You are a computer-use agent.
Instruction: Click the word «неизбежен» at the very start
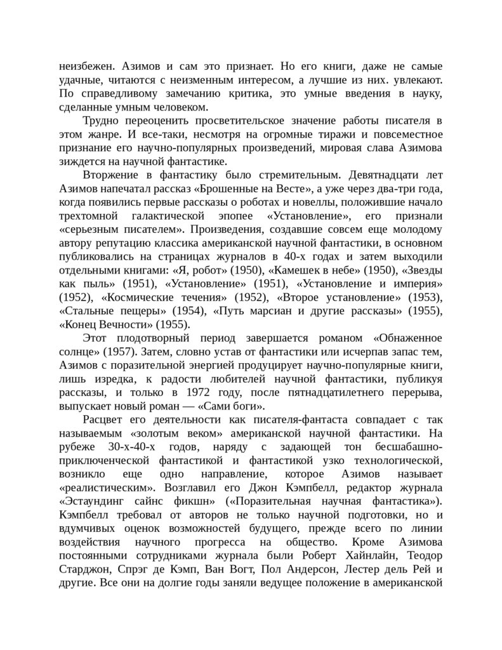[x=85, y=66]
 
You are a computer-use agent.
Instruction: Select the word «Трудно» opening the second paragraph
[x=103, y=121]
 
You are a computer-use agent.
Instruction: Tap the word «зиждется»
[x=80, y=161]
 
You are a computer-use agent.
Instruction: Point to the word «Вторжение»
[x=111, y=175]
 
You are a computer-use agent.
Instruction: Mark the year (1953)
[x=425, y=298]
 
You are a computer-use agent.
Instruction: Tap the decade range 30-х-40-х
[x=131, y=448]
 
